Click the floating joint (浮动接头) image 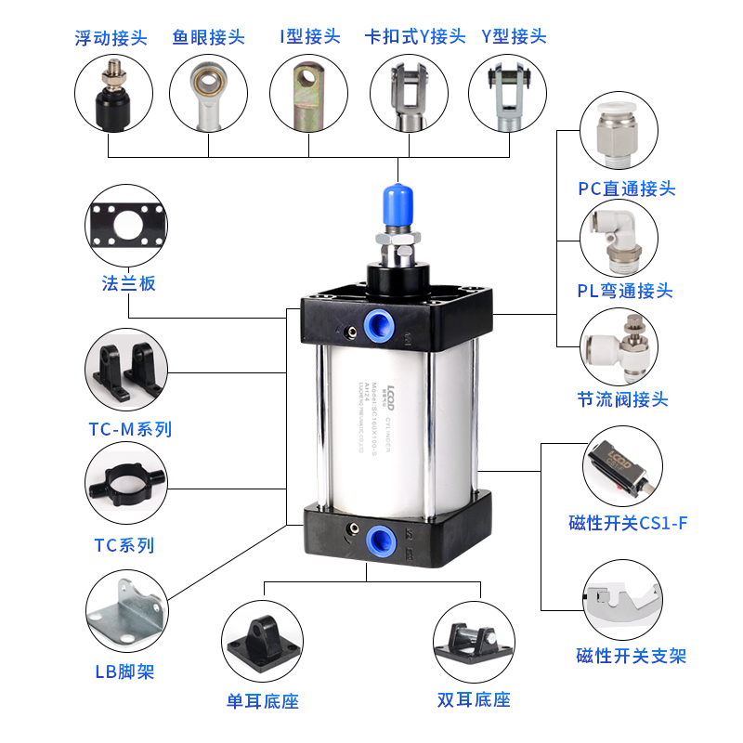tap(112, 93)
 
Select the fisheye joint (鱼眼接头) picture tap(209, 93)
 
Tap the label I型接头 tap(309, 38)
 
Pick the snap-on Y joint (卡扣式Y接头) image tap(409, 93)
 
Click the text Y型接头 tap(514, 37)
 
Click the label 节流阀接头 tap(622, 400)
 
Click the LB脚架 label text tap(124, 671)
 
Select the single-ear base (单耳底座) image tap(264, 641)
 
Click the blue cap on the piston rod tap(397, 206)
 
